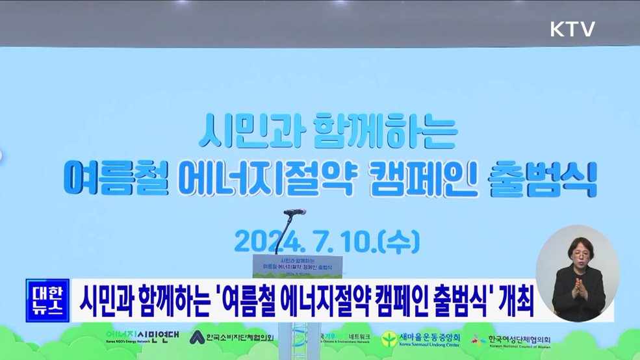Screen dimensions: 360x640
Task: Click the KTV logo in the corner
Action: (572, 29)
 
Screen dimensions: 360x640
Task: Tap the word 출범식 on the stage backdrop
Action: (554, 177)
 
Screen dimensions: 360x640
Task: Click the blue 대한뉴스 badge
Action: (47, 300)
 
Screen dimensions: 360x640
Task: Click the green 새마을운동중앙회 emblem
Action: (389, 339)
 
